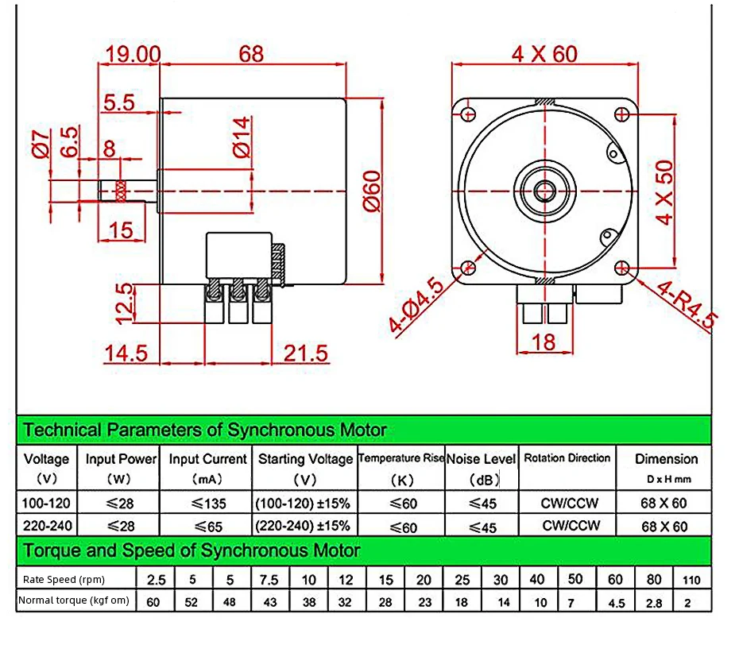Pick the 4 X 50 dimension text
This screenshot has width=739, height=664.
[x=664, y=192]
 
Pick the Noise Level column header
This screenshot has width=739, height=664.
[x=481, y=459]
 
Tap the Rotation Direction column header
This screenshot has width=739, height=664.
[x=567, y=458]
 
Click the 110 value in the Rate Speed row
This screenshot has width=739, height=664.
[x=691, y=580]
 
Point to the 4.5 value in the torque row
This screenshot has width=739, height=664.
[x=616, y=602]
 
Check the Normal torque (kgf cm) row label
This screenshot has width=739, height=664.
[x=74, y=600]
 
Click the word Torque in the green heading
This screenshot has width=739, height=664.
[x=52, y=550]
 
